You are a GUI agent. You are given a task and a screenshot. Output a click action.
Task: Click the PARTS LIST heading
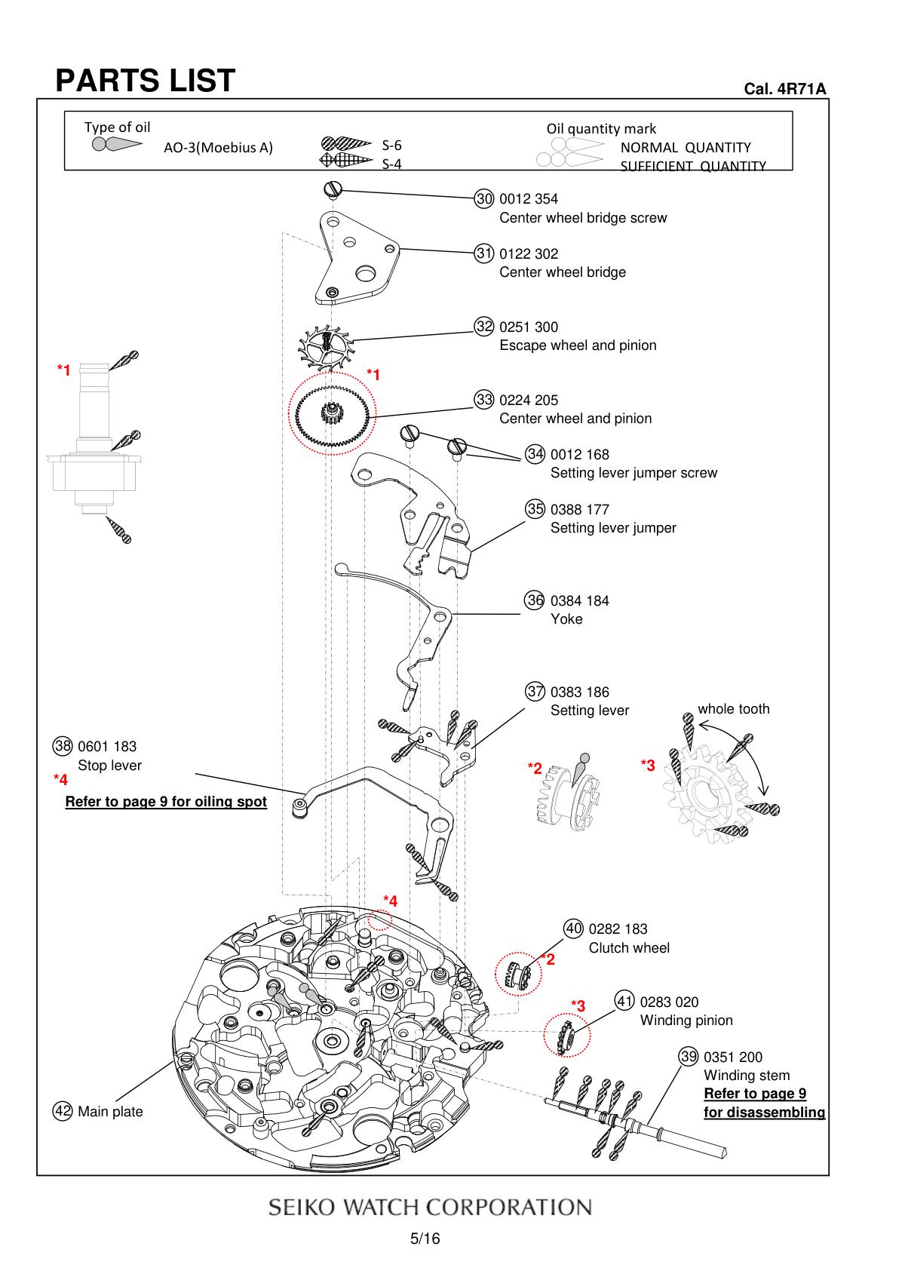click(x=145, y=80)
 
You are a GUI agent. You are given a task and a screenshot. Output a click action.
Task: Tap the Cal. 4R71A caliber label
click(x=784, y=89)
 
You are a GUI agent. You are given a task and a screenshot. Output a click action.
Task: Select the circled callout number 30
click(x=484, y=199)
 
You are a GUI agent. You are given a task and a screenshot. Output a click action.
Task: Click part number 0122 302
click(x=529, y=253)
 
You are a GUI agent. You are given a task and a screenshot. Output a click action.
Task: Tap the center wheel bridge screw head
click(x=333, y=188)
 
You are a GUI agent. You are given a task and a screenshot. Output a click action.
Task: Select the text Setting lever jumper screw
click(x=633, y=473)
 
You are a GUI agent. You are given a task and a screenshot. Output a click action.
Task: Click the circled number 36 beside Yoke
click(x=535, y=600)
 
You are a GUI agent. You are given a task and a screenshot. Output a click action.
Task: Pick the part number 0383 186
click(x=579, y=692)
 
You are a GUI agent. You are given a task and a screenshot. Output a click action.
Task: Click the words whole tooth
click(x=734, y=709)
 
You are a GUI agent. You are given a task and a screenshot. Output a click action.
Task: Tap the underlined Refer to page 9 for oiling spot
click(x=166, y=802)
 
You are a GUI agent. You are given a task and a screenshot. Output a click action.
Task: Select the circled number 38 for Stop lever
click(x=63, y=746)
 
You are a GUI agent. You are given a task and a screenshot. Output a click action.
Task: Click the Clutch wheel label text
click(x=629, y=948)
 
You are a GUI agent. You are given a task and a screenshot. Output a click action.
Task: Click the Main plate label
click(x=110, y=1112)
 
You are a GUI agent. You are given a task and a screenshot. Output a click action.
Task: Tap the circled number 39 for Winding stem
click(x=689, y=1057)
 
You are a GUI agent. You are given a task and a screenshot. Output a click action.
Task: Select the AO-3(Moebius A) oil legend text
click(x=218, y=147)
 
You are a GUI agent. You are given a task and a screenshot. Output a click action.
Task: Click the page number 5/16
click(x=425, y=1239)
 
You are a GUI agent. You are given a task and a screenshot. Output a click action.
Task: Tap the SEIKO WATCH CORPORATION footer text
click(x=430, y=1207)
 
